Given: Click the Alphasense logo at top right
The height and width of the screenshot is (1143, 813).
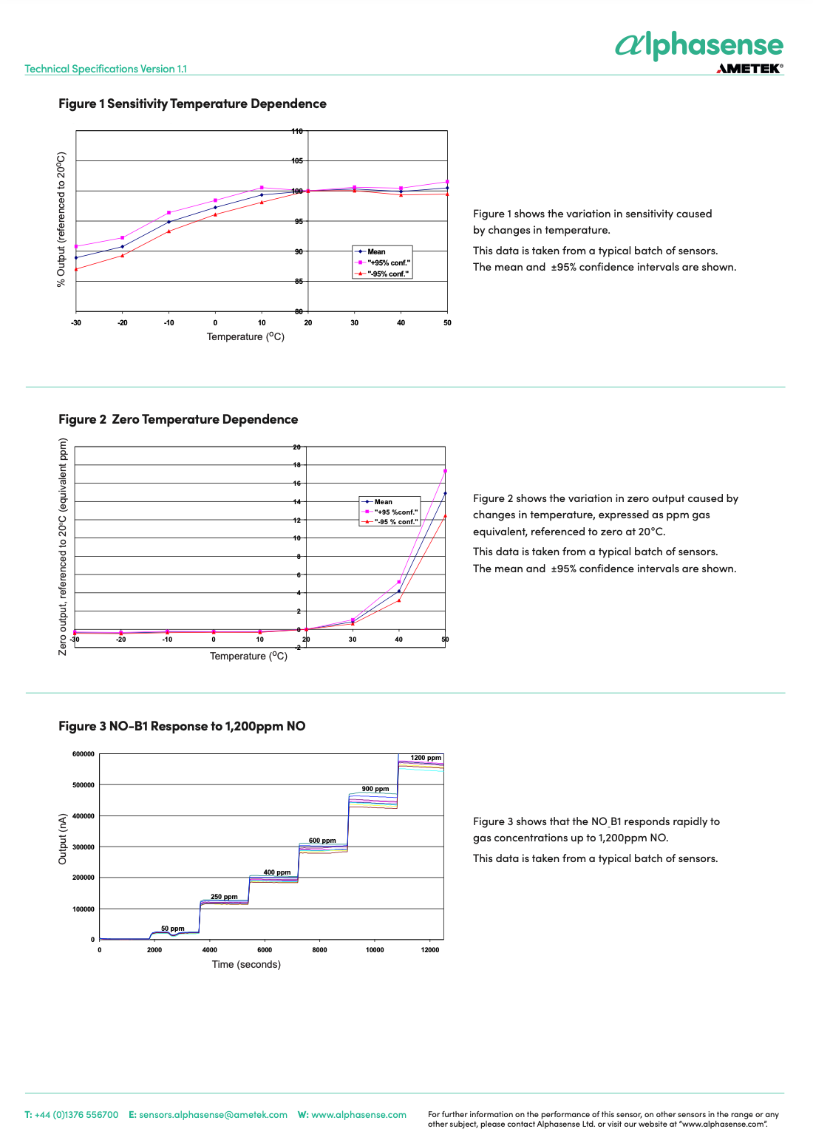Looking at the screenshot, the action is [698, 45].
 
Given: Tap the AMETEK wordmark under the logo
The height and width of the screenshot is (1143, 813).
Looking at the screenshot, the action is [749, 68].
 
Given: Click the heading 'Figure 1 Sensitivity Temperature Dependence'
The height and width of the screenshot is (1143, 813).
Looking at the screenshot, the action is [192, 104].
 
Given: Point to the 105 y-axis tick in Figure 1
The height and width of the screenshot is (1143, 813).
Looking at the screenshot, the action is [297, 160].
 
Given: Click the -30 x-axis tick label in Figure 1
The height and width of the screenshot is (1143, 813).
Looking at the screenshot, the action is [76, 322].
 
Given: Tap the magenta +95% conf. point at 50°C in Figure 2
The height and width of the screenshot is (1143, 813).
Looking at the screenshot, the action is [445, 471].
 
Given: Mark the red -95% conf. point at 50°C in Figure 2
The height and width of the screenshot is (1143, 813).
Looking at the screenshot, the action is [445, 516].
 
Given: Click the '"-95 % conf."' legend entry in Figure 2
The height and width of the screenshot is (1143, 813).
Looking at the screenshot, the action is [390, 521].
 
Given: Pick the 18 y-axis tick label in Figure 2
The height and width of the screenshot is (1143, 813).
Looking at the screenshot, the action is [297, 465].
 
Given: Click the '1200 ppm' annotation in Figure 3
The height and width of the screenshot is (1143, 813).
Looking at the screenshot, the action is [426, 758].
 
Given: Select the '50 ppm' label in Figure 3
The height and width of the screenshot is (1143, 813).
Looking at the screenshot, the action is [173, 928].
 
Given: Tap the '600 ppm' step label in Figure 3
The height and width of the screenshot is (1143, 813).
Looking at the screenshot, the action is [322, 841].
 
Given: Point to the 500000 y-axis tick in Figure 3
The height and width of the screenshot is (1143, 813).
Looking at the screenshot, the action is [83, 784].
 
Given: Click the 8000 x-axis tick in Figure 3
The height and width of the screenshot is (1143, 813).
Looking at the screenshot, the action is [320, 949].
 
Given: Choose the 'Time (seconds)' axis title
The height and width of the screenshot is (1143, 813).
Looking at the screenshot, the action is [246, 964].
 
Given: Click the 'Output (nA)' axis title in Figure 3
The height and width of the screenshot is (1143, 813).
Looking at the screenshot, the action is [62, 839].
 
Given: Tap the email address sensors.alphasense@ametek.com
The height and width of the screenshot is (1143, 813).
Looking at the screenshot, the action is [213, 1114].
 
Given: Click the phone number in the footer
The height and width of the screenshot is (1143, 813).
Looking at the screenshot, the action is [77, 1114].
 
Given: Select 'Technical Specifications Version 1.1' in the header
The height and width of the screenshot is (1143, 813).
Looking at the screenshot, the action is [106, 68].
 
